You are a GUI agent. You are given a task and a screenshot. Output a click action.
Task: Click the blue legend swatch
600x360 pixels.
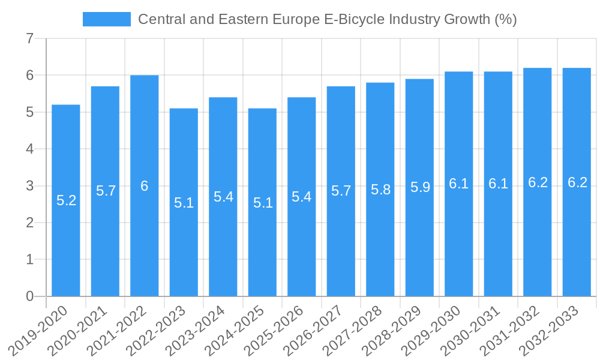[x=107, y=19]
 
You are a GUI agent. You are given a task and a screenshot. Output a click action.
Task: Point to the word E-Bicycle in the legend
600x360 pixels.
[x=356, y=19]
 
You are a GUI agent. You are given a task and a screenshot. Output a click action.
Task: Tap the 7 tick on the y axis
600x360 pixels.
[x=30, y=38]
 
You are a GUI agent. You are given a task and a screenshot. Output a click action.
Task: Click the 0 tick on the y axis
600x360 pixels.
[x=30, y=296]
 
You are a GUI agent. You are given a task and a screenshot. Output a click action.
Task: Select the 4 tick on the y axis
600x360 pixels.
[x=30, y=149]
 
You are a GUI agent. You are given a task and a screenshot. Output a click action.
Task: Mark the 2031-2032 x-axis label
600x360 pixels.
[x=512, y=331]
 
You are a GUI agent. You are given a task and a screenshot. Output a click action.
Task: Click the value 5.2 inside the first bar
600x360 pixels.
[x=66, y=200]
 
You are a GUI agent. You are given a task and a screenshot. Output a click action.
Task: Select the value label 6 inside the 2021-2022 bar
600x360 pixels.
[x=145, y=186]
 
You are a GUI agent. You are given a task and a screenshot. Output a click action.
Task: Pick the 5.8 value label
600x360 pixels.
[x=380, y=190]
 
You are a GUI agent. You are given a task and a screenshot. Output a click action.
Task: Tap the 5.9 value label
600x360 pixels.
[x=420, y=187]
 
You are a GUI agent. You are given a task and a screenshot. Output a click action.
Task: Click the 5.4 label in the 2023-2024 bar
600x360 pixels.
[x=223, y=196]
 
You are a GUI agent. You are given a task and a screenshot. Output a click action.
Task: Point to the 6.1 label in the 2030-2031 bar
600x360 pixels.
[x=498, y=184]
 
